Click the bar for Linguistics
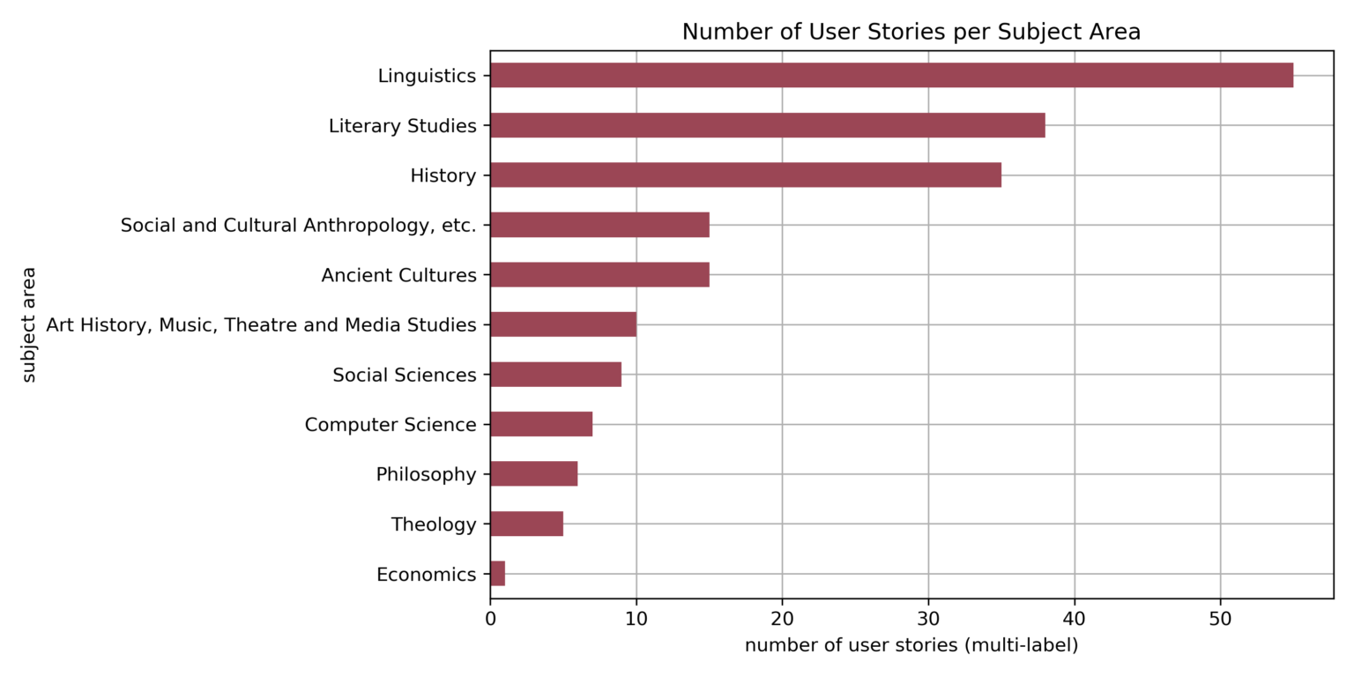[x=890, y=76]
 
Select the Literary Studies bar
[x=767, y=125]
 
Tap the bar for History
[x=745, y=175]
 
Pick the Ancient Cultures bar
[x=599, y=275]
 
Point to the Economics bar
[x=497, y=574]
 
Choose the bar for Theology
[x=526, y=524]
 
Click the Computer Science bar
[x=540, y=425]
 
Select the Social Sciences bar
[x=555, y=375]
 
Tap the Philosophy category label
[x=426, y=474]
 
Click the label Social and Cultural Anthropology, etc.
[x=298, y=226]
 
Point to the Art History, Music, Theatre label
[x=261, y=325]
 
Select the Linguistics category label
[x=427, y=76]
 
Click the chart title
[x=911, y=33]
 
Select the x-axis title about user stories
[x=911, y=646]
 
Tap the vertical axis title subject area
[x=29, y=324]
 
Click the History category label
[x=443, y=175]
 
